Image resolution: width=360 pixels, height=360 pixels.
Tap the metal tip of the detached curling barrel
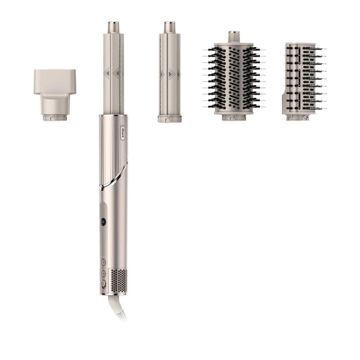point(170,27)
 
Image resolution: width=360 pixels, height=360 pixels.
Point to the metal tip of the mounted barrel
point(113,27)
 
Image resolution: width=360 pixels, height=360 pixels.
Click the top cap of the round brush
point(234,35)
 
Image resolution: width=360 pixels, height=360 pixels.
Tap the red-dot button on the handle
point(103,274)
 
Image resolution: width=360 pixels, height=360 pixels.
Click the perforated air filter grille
point(118,280)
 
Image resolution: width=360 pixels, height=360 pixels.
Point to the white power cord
point(122,308)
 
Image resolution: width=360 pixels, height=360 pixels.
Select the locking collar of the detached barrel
point(170,118)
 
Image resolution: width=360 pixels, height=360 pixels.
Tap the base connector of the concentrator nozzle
point(55,117)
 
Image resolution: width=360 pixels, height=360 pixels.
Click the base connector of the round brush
point(234,117)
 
